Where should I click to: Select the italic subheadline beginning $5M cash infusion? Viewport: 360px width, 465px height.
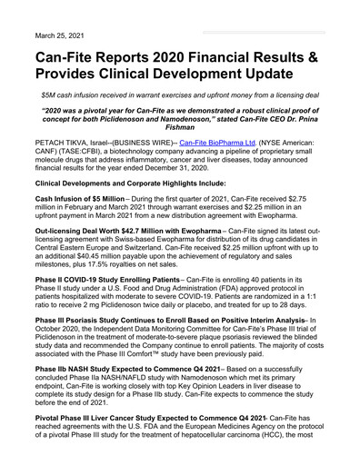click(x=180, y=94)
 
